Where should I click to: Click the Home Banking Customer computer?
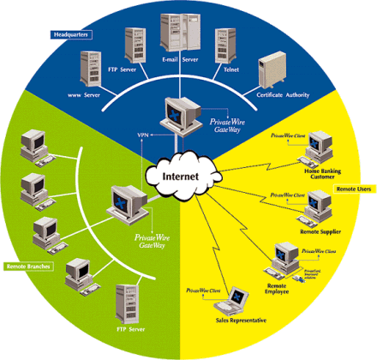319,147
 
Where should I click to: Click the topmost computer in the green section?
33,142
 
